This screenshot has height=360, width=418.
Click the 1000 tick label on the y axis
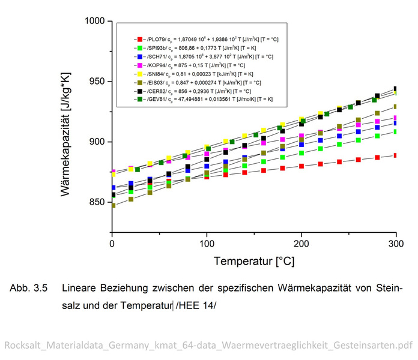point(94,22)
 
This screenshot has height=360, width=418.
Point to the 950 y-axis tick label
point(97,82)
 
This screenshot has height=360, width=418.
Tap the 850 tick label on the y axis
point(97,202)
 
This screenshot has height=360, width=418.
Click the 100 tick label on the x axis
point(207,244)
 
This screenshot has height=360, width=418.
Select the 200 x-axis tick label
point(301,244)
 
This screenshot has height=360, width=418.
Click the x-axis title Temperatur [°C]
point(253,262)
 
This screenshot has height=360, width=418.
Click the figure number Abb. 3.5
point(28,288)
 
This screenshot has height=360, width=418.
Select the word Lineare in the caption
point(80,288)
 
